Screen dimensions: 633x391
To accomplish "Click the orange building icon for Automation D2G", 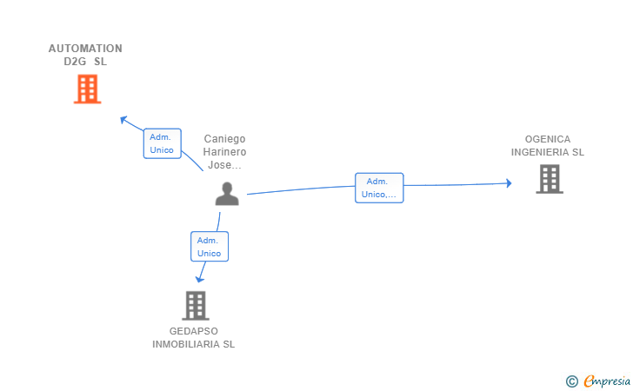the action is click(87, 89).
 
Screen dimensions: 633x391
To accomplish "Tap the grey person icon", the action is click(227, 194).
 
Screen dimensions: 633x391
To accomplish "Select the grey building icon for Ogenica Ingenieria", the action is click(550, 179).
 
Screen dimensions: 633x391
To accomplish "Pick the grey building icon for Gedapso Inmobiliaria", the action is click(196, 306).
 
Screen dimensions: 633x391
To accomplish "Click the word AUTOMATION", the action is click(85, 49).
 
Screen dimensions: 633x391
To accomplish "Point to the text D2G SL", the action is click(85, 62).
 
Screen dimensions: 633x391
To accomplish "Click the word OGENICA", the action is click(548, 139).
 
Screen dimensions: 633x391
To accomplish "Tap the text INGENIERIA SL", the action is click(548, 152).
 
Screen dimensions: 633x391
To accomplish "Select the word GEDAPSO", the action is click(194, 331).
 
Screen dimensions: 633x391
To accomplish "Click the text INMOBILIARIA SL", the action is click(193, 344).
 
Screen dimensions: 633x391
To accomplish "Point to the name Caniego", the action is click(224, 139).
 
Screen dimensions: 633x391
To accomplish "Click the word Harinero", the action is click(224, 152).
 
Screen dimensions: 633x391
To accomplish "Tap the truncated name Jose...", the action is click(224, 165).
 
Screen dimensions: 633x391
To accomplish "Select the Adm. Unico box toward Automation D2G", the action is click(163, 143).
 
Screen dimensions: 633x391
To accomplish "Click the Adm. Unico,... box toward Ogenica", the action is click(379, 188).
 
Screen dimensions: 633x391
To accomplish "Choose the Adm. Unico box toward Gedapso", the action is click(210, 247).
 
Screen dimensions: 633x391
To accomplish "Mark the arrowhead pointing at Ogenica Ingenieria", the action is click(510, 183).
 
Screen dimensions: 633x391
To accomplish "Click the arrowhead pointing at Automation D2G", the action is click(123, 120).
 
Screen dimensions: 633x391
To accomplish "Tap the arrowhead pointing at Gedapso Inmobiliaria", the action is click(199, 279).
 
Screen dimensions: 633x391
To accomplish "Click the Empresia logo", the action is click(598, 381).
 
